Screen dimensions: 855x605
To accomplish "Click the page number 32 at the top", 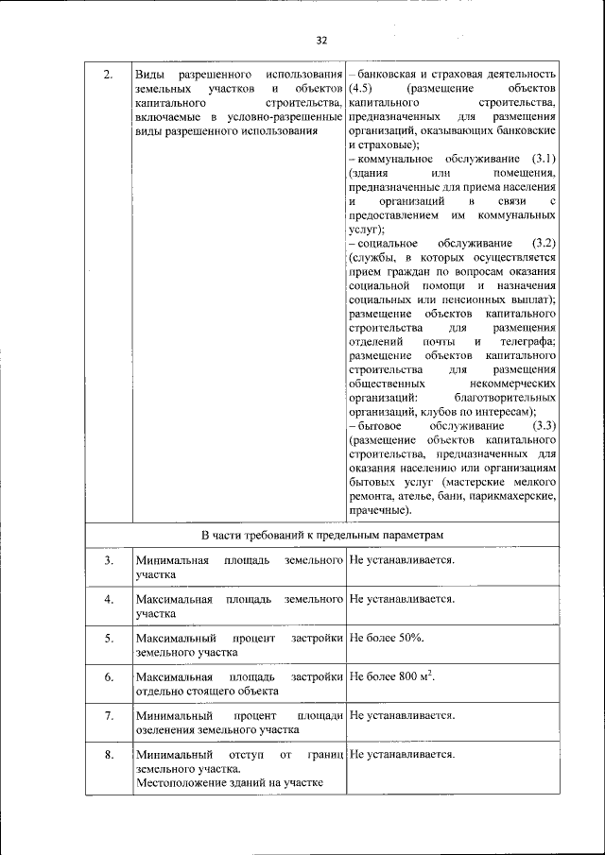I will pos(320,41).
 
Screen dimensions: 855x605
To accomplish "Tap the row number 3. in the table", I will pos(109,560).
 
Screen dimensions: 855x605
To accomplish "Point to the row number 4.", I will pos(109,599).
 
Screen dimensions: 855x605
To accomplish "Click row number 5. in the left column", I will pos(109,639).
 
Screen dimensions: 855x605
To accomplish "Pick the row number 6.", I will pos(109,677).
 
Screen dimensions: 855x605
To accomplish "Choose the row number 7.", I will pos(109,716).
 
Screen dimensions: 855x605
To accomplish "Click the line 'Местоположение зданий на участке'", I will pos(229,782).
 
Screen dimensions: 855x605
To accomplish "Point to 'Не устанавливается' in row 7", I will pos(403,716).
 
